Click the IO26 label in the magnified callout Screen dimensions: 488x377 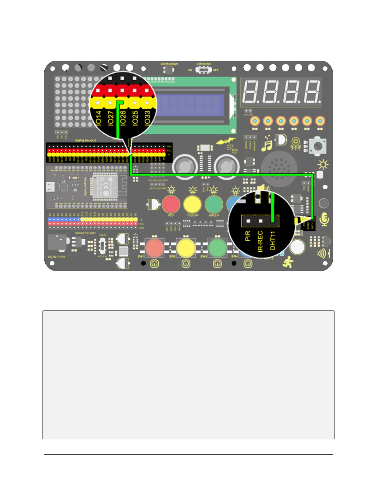pos(123,118)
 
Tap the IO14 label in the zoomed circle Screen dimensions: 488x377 pos(98,118)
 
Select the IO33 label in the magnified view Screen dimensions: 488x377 pos(147,118)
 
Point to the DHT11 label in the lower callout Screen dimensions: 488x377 pos(273,241)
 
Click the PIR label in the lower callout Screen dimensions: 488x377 pos(248,236)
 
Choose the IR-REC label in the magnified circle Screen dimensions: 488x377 pos(260,242)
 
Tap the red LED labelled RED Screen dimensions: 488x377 pos(171,204)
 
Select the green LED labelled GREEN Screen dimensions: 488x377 pos(214,204)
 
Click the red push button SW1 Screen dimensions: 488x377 pos(154,247)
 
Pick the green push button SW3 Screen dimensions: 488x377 pos(217,247)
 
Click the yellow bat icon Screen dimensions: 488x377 pos(226,142)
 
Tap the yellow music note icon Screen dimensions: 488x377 pos(266,144)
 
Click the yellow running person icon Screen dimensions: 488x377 pos(288,262)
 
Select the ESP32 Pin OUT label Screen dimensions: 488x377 pos(86,140)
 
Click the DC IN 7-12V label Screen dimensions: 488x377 pos(57,257)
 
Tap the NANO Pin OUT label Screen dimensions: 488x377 pos(86,233)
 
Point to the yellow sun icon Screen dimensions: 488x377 pos(323,165)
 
